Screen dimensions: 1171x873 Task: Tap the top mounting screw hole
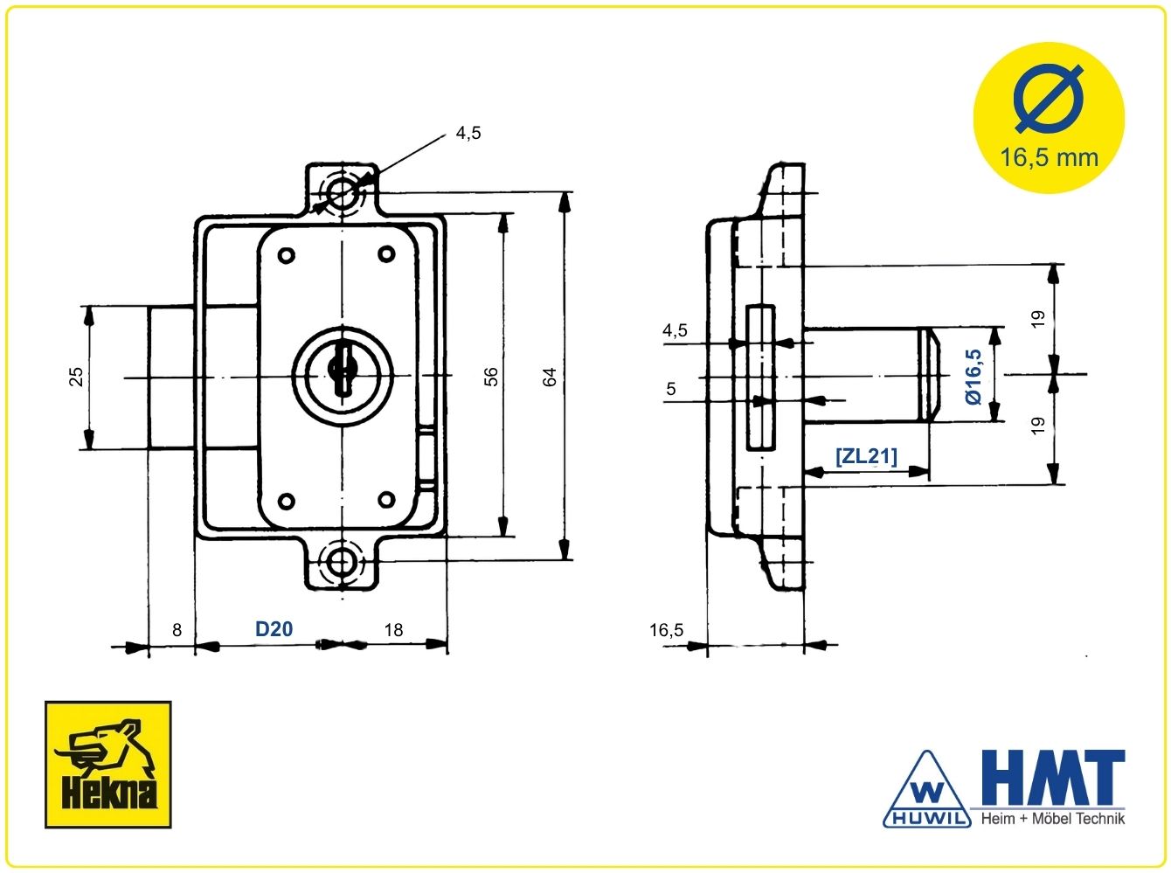(342, 192)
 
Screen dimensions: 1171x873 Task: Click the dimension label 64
(550, 377)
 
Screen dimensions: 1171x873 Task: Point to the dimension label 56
(491, 377)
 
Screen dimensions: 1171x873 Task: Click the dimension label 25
(76, 377)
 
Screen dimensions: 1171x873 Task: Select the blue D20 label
(274, 628)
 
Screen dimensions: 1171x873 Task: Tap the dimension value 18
(394, 630)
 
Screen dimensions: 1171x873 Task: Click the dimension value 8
(177, 630)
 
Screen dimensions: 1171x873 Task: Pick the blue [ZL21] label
(866, 456)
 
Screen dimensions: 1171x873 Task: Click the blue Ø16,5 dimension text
(974, 377)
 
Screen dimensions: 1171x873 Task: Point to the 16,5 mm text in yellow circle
(1049, 158)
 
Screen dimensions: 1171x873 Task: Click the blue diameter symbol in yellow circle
(1049, 100)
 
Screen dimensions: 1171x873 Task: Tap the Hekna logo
(108, 765)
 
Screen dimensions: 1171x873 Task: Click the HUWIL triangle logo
(927, 790)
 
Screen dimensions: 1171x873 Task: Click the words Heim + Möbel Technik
(1053, 819)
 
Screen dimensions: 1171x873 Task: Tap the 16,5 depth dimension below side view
(666, 630)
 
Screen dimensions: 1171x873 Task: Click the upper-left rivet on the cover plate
(287, 255)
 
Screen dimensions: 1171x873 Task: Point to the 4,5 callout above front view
(468, 133)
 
